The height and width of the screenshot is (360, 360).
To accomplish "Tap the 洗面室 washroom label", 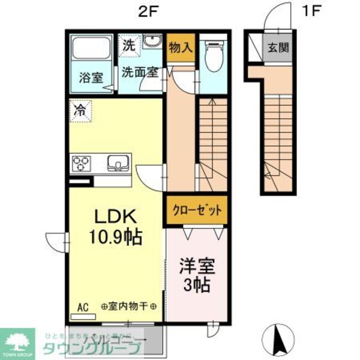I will click(x=140, y=72).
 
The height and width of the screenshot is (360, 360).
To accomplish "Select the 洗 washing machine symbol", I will click(x=130, y=44).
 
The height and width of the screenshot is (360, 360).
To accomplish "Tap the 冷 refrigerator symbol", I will click(x=80, y=111).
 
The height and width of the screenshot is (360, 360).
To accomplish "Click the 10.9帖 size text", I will click(x=116, y=238).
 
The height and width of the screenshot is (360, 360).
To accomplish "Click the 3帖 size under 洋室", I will click(x=196, y=285).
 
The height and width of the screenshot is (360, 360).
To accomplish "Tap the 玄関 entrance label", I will click(x=278, y=47).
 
